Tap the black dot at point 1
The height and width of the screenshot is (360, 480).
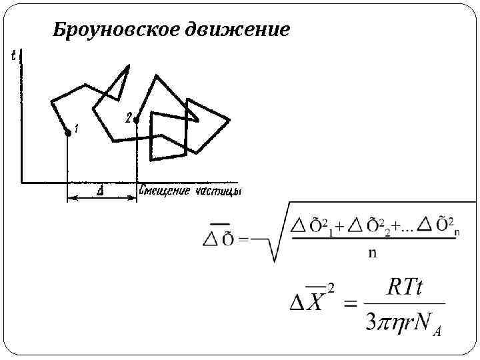tap(67, 133)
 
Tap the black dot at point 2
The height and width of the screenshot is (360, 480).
tap(137, 121)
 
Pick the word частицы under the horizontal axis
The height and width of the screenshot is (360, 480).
tap(218, 192)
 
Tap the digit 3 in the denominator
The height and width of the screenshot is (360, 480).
tap(372, 323)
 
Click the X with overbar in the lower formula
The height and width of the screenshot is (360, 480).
tap(315, 304)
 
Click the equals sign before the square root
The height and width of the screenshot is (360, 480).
tap(244, 238)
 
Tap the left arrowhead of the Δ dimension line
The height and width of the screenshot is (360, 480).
tap(69, 197)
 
